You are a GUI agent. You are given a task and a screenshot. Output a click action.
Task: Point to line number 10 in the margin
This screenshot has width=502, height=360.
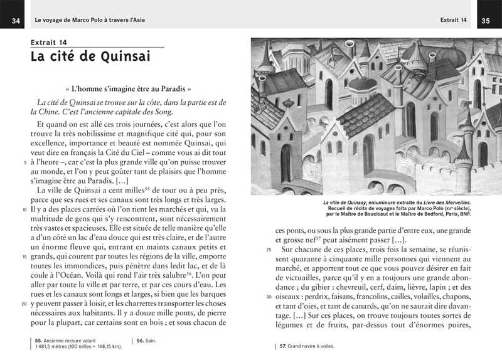click(24, 209)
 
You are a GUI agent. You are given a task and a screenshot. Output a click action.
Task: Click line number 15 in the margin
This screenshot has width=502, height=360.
click(24, 257)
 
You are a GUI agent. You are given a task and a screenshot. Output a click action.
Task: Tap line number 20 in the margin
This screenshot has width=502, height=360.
click(24, 304)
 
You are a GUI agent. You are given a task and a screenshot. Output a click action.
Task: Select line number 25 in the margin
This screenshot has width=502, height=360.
click(269, 250)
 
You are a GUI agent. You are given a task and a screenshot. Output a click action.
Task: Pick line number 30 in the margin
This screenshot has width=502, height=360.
click(269, 297)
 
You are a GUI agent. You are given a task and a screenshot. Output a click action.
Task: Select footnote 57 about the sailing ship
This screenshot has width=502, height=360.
click(307, 346)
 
